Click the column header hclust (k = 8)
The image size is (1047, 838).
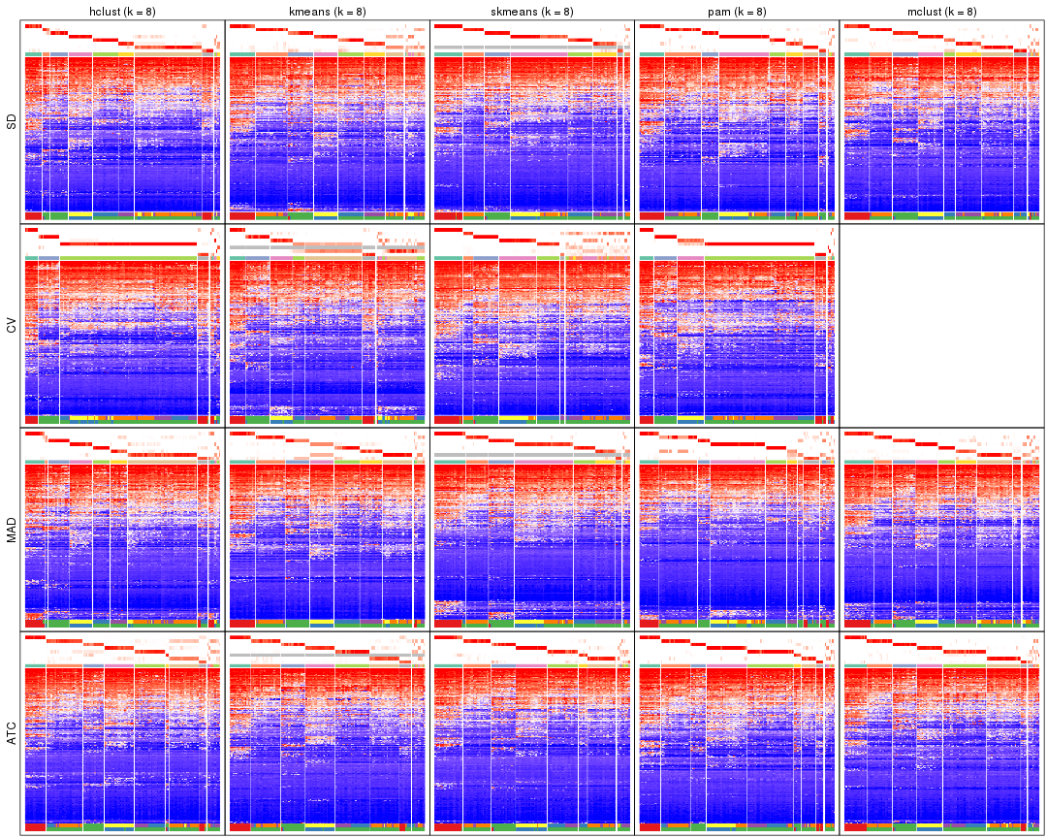(122, 12)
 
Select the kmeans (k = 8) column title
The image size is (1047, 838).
(328, 12)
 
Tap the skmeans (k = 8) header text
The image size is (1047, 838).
(532, 12)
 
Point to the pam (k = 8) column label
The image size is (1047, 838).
(737, 12)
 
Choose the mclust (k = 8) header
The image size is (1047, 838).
(941, 12)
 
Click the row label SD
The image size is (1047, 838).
(12, 122)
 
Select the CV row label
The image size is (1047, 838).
(12, 326)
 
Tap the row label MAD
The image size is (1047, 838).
(12, 530)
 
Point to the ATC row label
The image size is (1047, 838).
(12, 734)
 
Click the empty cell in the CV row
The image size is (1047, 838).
(941, 326)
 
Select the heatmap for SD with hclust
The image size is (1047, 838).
(122, 122)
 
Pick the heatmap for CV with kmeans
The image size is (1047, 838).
(328, 326)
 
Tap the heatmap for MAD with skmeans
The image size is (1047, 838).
(532, 530)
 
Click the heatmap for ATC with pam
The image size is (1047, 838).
(737, 734)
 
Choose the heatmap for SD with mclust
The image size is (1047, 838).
(941, 122)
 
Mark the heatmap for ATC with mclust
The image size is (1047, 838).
(941, 734)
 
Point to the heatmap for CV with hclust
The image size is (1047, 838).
(122, 326)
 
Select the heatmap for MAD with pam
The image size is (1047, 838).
(737, 530)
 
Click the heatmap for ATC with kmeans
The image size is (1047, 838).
(328, 734)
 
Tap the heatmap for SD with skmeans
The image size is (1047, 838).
(532, 122)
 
